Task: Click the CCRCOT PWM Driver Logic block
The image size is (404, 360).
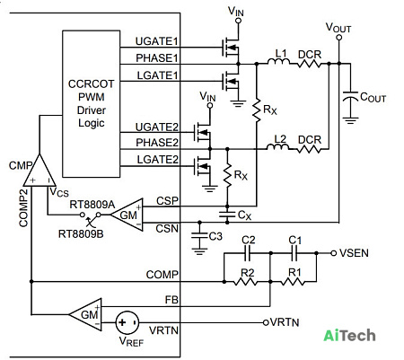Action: click(x=92, y=103)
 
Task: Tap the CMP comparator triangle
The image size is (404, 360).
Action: click(x=40, y=171)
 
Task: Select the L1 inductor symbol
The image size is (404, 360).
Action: click(x=278, y=62)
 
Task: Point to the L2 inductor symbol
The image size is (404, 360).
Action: click(x=277, y=146)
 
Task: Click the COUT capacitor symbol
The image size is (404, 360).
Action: click(x=350, y=96)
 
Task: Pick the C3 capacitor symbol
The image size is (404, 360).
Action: click(x=199, y=235)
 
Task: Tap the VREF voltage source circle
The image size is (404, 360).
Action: click(x=127, y=322)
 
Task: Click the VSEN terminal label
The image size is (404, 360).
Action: click(x=354, y=253)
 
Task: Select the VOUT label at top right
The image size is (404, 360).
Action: click(x=338, y=28)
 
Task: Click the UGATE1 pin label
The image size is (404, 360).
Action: click(x=157, y=41)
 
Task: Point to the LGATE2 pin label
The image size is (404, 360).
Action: click(x=158, y=160)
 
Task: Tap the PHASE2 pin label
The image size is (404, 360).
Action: click(x=157, y=143)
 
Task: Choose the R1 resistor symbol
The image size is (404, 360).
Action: click(x=294, y=282)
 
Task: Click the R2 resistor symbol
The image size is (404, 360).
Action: click(x=245, y=282)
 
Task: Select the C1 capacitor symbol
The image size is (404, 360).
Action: click(x=294, y=253)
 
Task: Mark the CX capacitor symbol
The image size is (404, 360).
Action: click(x=227, y=215)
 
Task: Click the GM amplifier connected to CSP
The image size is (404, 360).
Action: click(x=127, y=215)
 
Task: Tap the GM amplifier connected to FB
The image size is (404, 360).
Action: click(x=85, y=314)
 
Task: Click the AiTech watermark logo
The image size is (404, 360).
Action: click(x=349, y=335)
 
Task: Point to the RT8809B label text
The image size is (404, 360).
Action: click(x=81, y=233)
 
